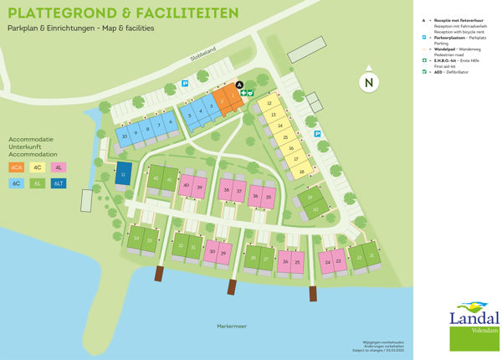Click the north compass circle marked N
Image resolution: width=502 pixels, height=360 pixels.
coord(367,82)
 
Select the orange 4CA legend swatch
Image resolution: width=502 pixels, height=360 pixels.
coord(18,167)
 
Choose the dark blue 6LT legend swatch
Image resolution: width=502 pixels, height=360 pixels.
coord(59,183)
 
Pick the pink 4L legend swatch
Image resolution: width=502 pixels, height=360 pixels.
coord(59,167)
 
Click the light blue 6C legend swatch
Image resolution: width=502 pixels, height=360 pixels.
coord(18,183)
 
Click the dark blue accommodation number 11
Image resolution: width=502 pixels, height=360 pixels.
coord(123,174)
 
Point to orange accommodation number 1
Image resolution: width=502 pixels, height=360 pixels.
coord(233,97)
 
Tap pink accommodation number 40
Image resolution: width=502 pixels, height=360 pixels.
coord(187,186)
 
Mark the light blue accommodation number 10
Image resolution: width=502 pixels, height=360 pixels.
coord(124,136)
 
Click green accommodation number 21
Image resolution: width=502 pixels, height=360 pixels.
coord(371,256)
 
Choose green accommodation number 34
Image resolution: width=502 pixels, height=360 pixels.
coord(136,239)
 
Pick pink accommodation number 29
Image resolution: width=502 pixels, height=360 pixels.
coord(223,251)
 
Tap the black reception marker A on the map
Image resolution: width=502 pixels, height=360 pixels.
coord(239,85)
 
